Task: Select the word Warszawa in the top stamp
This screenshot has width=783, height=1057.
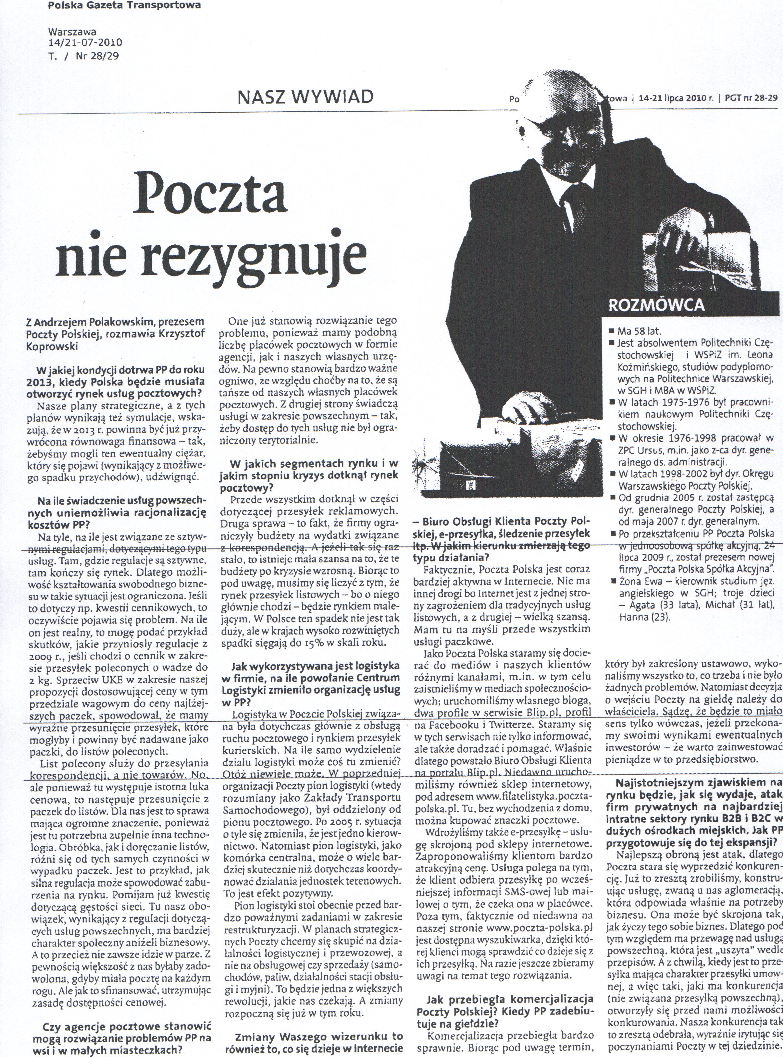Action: [72, 32]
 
